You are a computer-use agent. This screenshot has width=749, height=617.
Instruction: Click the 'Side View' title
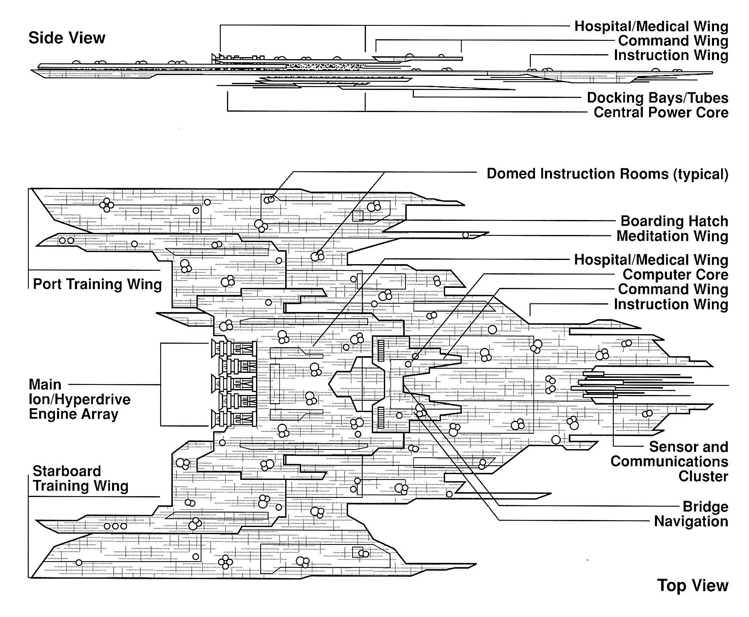67,38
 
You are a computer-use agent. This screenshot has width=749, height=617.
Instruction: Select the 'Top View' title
693,585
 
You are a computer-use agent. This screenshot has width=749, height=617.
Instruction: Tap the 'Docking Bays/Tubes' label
657,98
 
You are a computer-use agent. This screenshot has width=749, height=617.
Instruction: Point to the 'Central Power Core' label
661,112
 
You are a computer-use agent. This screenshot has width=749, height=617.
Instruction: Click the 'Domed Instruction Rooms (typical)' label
607,174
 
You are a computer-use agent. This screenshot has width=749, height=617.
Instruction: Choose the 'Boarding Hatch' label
674,221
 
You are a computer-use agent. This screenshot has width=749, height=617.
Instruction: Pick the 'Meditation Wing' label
672,236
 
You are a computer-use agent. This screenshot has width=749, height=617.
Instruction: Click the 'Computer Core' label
675,275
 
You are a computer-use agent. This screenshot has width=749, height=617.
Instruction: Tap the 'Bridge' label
705,507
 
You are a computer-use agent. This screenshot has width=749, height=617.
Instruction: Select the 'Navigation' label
691,521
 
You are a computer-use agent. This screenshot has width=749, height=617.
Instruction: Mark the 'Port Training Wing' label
97,284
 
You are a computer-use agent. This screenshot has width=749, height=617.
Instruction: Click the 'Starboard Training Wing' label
80,478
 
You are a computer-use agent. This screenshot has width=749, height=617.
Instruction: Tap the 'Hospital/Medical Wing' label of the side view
651,26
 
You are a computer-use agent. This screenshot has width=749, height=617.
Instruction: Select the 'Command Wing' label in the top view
673,289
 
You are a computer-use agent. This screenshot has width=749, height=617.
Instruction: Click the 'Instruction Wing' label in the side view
671,55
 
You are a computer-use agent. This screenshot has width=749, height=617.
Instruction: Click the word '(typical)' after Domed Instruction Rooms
701,174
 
